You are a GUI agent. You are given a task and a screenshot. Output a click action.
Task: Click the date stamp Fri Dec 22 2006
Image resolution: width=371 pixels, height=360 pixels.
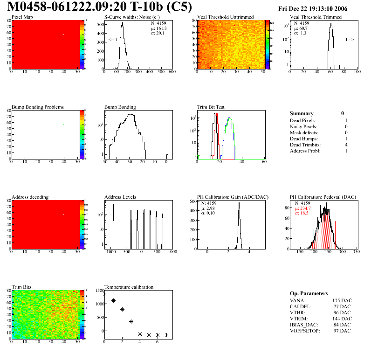pos(319,8)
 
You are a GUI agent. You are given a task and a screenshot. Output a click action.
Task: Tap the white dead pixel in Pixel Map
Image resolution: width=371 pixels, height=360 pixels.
pos(63,34)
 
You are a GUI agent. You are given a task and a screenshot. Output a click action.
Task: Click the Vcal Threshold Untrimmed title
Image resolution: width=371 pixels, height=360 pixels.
pos(226,17)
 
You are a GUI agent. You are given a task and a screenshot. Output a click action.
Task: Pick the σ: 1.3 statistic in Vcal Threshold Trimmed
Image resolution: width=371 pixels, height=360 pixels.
pos(300,33)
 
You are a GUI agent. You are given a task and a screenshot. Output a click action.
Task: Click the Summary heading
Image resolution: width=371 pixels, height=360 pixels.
pos(302,113)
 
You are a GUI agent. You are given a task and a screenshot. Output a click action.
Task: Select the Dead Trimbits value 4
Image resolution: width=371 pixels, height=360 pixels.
pos(342,145)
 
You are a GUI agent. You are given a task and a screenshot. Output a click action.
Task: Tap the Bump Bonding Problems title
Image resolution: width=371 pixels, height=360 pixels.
pos(38,107)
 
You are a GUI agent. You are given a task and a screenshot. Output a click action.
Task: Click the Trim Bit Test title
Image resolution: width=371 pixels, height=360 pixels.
pos(211,107)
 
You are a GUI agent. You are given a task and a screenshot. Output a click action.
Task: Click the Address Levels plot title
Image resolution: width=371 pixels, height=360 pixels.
pos(121,197)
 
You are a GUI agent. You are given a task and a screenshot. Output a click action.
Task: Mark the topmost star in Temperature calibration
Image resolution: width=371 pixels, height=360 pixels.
pos(104,294)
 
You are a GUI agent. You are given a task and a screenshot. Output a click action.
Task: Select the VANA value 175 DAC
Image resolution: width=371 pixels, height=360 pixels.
pos(341,300)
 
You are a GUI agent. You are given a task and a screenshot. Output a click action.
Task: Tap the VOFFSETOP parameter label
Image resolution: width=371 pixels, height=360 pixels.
pos(306,331)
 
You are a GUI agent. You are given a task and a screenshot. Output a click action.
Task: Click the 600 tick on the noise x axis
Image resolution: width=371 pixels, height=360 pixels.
pos(172,72)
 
